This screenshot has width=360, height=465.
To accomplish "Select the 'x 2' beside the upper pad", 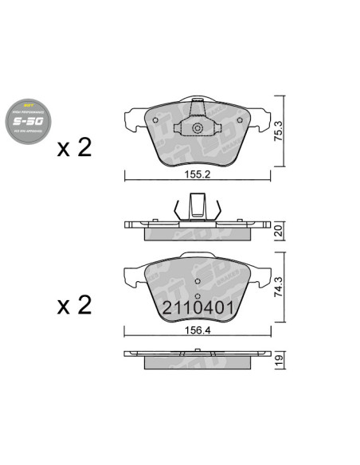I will pos(75,148).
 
